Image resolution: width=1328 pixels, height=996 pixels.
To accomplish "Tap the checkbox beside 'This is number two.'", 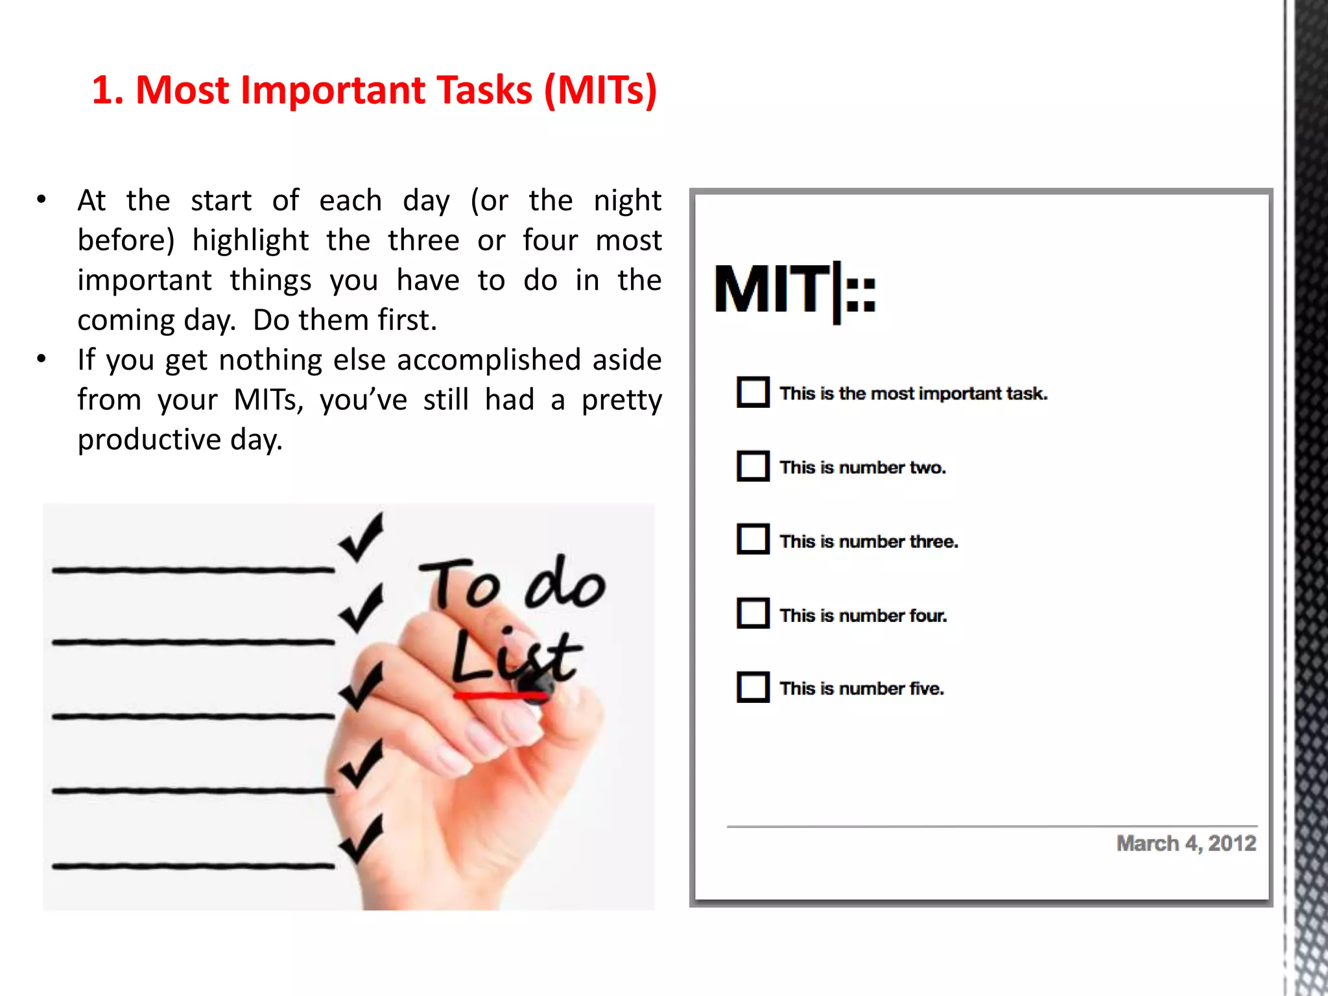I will [x=753, y=466].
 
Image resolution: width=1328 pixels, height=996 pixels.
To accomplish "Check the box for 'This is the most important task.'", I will [x=753, y=392].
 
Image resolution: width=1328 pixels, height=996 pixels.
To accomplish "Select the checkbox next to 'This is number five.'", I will [x=753, y=687].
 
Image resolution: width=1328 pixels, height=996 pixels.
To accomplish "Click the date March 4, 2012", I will [x=1185, y=843].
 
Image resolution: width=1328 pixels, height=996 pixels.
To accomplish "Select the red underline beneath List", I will [x=499, y=696].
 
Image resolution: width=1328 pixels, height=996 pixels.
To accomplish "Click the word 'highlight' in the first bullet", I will [x=250, y=241].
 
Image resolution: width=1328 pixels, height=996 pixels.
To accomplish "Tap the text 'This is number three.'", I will [x=868, y=541].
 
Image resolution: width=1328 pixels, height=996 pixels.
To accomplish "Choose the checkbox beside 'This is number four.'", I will [x=753, y=613].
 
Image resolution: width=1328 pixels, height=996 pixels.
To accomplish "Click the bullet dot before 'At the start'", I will [x=41, y=200].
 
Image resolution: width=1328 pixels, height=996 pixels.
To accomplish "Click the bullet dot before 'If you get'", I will [x=41, y=359].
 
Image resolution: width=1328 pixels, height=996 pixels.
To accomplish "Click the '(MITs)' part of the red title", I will [x=600, y=89].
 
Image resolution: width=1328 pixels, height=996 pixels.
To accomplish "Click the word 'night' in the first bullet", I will [x=627, y=200].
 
